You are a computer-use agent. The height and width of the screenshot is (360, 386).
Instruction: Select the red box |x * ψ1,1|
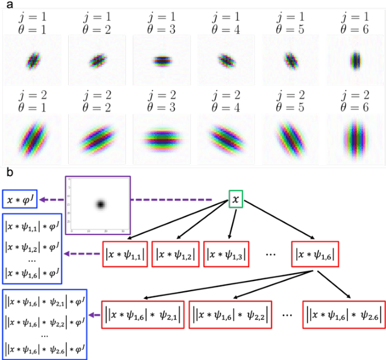[x=124, y=254]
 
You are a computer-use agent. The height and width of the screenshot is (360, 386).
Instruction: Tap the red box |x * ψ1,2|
[x=174, y=254]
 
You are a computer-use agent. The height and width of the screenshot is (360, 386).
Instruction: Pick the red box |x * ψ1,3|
[x=227, y=254]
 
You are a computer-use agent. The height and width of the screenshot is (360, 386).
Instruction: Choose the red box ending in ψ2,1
[x=142, y=314]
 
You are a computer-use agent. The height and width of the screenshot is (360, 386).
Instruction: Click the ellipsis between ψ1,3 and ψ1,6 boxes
[x=270, y=254]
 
